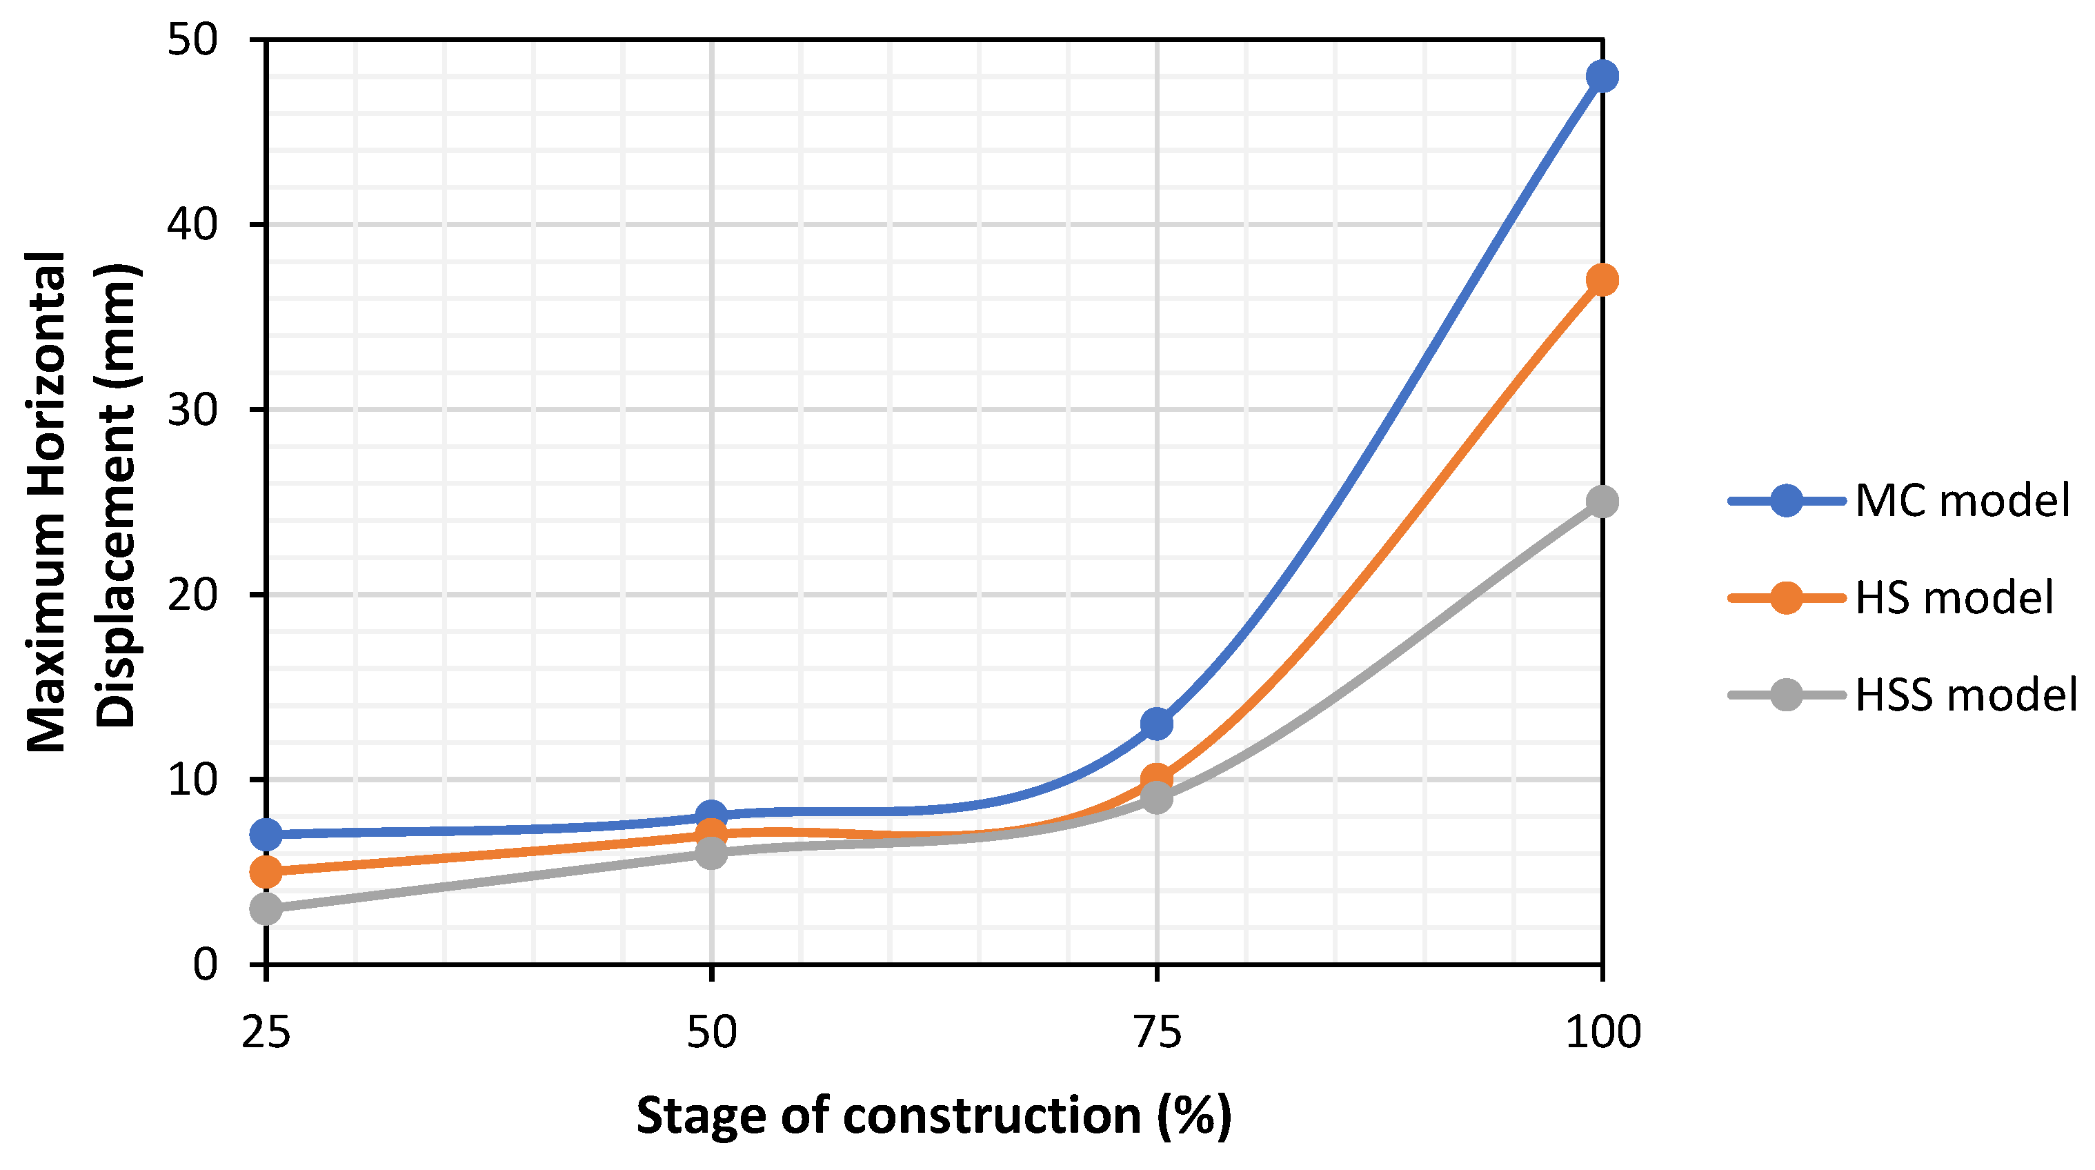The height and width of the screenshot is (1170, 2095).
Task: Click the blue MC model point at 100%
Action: coord(1601,77)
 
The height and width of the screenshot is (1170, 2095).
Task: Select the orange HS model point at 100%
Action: coord(1601,279)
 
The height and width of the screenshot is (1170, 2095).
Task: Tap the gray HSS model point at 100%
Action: coord(1601,502)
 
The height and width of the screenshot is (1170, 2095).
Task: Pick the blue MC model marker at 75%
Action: coord(1156,723)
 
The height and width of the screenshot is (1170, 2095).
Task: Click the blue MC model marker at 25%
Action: coord(266,834)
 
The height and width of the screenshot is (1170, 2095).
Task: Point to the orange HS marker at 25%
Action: coord(266,871)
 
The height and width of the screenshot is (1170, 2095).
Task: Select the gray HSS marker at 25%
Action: coord(266,908)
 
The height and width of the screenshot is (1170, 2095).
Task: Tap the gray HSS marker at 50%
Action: coord(711,852)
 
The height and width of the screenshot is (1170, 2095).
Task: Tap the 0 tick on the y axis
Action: coord(205,964)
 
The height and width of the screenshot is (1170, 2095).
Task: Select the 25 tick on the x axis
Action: coord(266,1033)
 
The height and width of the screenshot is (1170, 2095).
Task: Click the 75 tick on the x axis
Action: coord(1156,1033)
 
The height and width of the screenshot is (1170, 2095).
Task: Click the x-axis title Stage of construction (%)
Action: coord(933,1116)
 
